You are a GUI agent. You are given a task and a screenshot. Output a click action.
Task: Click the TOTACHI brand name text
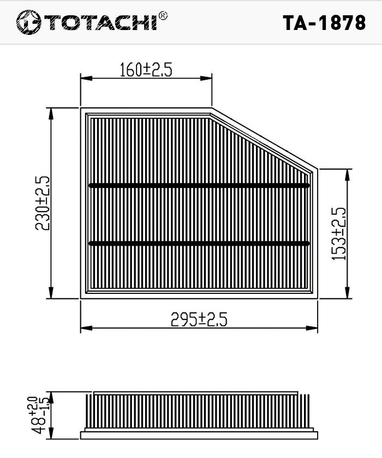point(101,22)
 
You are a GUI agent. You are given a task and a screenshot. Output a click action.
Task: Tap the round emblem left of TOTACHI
point(28,22)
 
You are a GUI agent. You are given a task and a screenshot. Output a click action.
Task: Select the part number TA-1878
point(324,23)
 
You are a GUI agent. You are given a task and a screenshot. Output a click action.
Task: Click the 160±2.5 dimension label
point(146,70)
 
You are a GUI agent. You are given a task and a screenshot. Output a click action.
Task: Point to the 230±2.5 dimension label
point(43,203)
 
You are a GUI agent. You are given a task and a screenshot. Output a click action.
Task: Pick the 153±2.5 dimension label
point(339,234)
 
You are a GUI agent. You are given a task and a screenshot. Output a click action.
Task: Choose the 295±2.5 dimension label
point(199,319)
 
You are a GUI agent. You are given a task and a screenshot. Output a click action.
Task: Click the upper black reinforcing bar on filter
point(199,185)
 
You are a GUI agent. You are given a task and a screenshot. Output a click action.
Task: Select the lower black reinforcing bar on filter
point(199,243)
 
